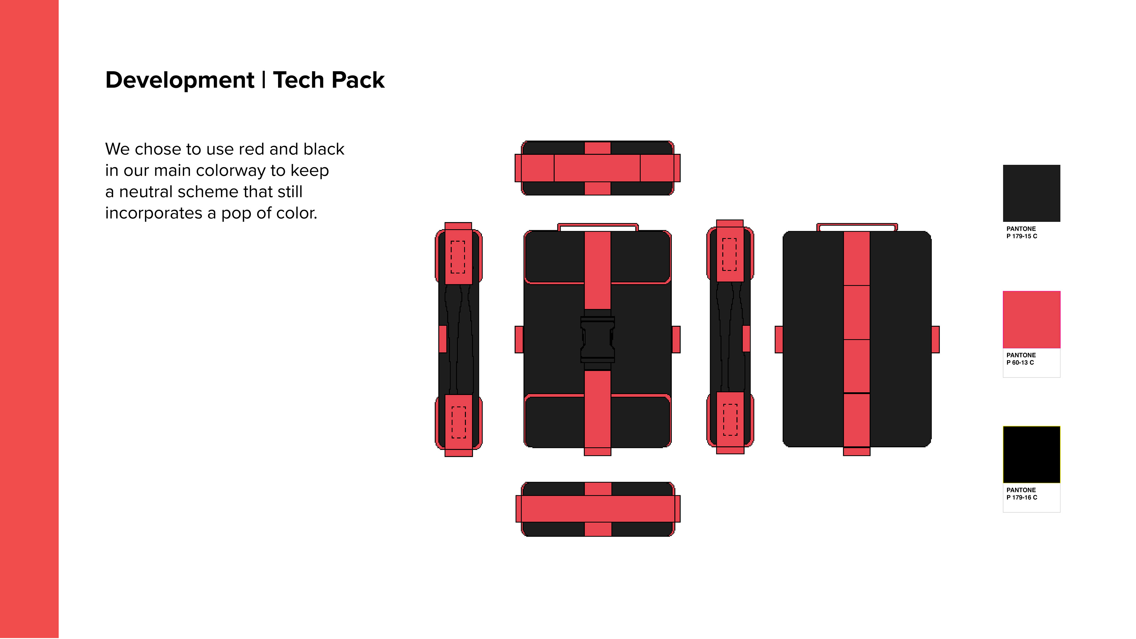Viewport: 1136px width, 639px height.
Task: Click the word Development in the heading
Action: [180, 80]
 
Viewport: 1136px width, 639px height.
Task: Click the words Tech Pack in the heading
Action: [329, 80]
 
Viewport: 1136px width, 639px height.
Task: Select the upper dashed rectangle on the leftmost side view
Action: [458, 257]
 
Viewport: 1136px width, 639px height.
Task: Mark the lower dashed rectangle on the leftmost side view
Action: [459, 422]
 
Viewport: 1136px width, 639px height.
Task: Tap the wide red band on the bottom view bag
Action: [598, 509]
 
